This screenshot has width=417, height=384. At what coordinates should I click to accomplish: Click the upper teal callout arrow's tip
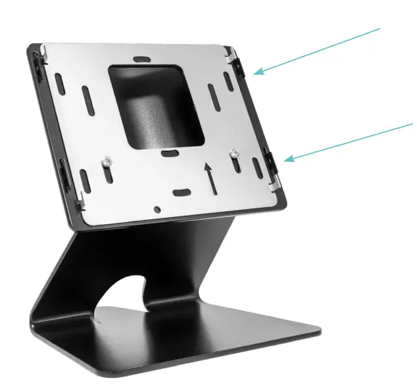pos(255,73)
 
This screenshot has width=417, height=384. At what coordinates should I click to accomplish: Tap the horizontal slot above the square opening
pos(140,59)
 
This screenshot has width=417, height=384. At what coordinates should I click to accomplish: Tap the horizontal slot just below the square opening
pos(170,153)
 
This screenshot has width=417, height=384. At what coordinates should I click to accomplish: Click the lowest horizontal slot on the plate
pos(180,193)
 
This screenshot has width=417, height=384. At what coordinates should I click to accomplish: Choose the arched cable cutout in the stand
pos(125,293)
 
